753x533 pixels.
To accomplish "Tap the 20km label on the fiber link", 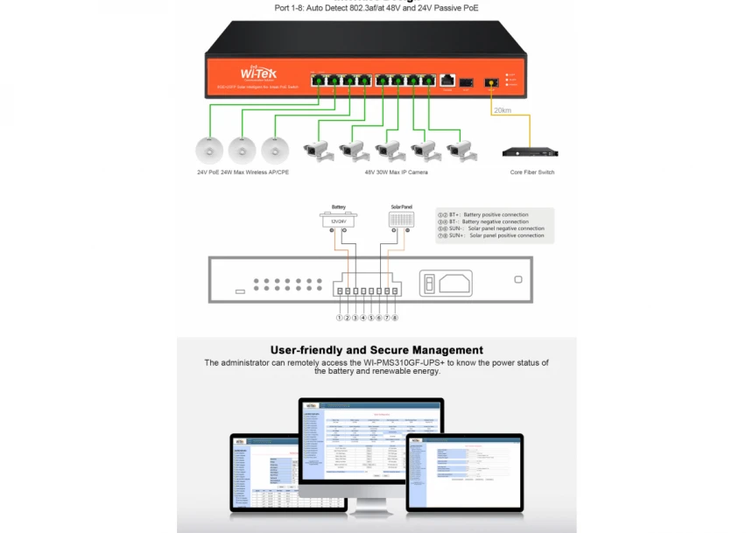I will click(x=502, y=111).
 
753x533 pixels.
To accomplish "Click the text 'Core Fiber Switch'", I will click(x=531, y=172).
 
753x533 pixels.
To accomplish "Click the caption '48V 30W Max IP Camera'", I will click(x=390, y=172).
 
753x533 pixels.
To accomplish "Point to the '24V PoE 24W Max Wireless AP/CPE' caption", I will click(x=243, y=172).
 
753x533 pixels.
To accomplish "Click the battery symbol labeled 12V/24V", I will click(x=338, y=221).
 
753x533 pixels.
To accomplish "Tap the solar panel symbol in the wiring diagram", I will click(x=400, y=221).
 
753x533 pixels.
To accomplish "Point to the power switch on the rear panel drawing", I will click(x=429, y=283).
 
